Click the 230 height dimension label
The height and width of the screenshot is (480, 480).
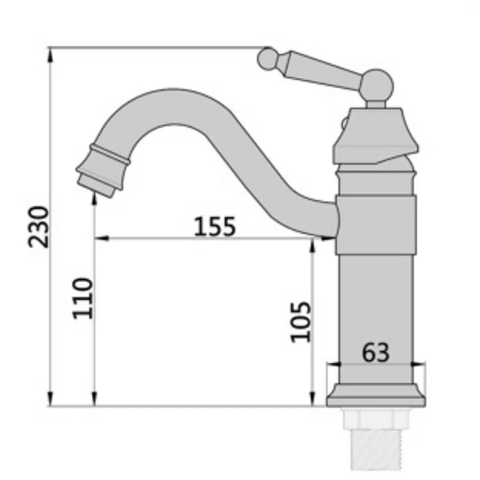point(38,227)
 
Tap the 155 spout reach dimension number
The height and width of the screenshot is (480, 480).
point(215,226)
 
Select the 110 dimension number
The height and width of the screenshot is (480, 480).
point(83,298)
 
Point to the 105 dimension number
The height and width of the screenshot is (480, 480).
point(301,322)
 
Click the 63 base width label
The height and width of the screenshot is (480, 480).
point(376,353)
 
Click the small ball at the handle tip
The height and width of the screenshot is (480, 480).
point(268,59)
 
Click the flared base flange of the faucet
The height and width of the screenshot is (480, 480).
point(376,395)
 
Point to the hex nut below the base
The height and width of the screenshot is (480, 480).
point(376,418)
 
